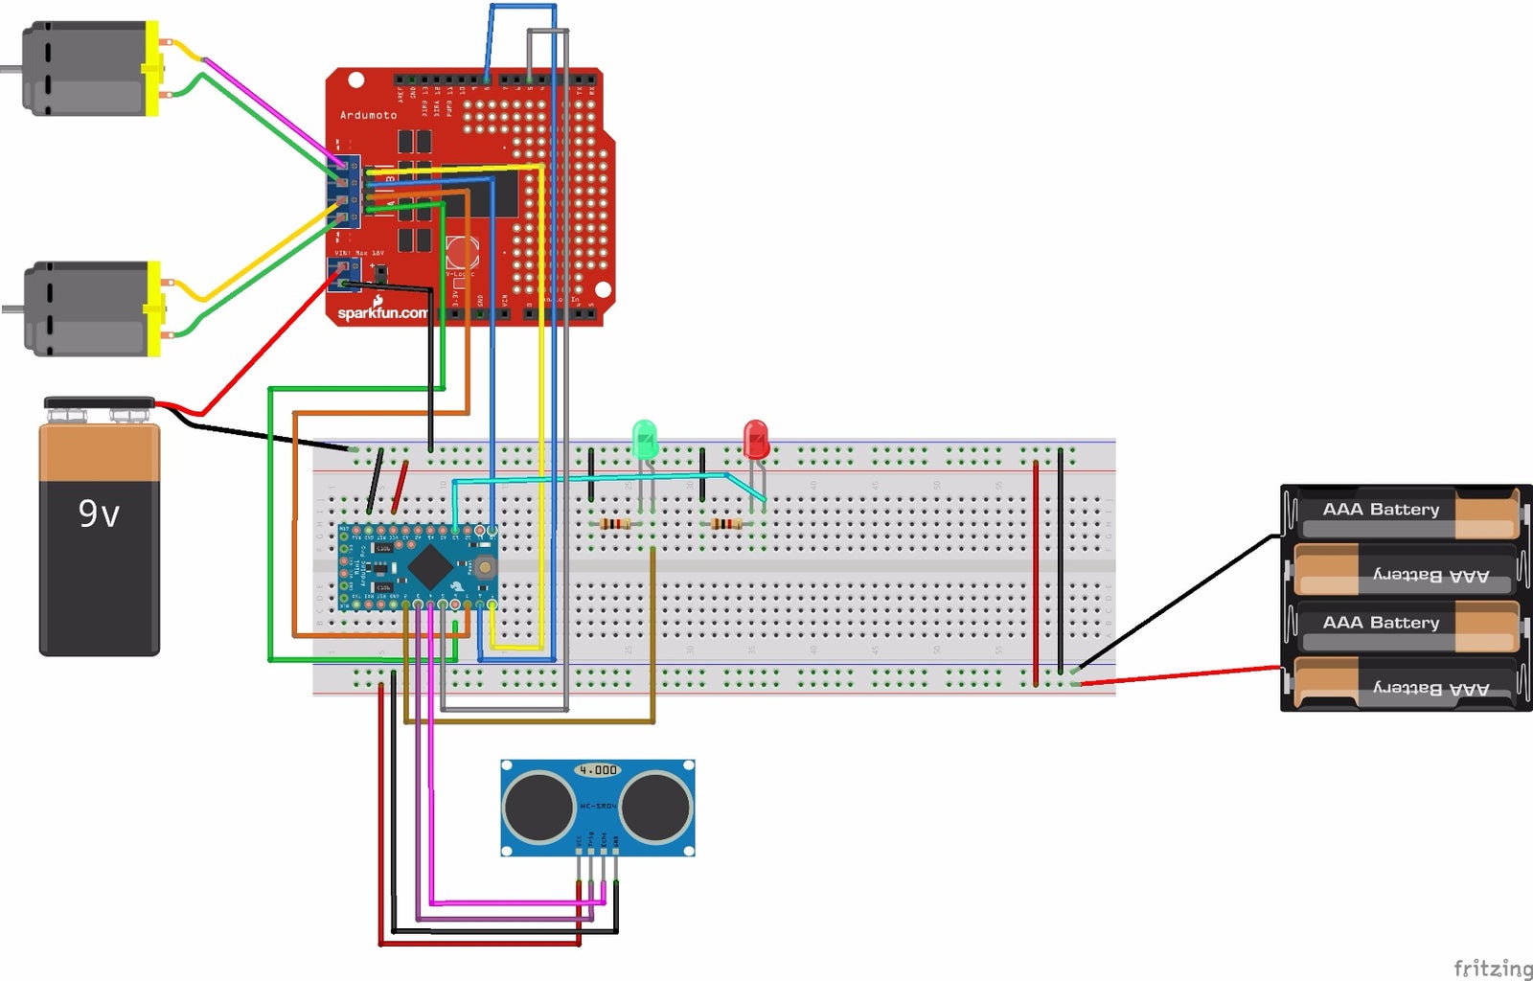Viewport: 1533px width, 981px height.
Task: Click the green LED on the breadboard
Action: (x=645, y=439)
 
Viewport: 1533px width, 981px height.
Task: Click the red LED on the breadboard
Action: (x=756, y=439)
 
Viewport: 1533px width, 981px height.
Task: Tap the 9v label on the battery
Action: (x=99, y=514)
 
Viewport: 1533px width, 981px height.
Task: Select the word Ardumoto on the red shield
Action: (x=369, y=115)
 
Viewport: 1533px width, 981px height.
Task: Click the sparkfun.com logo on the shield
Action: (x=382, y=312)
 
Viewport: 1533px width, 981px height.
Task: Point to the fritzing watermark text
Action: (x=1492, y=968)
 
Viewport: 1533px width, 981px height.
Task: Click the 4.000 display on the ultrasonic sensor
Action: (x=598, y=769)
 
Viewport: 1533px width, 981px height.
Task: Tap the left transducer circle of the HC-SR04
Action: (x=539, y=807)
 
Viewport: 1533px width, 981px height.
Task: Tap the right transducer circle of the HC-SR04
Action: (x=656, y=807)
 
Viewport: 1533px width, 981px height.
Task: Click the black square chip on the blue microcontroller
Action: (x=430, y=567)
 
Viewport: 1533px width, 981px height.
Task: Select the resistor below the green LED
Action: (x=614, y=524)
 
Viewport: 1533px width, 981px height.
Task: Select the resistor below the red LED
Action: (x=726, y=524)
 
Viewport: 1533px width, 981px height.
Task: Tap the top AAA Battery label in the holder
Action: (x=1381, y=510)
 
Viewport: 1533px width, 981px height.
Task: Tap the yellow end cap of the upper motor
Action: (x=151, y=69)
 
